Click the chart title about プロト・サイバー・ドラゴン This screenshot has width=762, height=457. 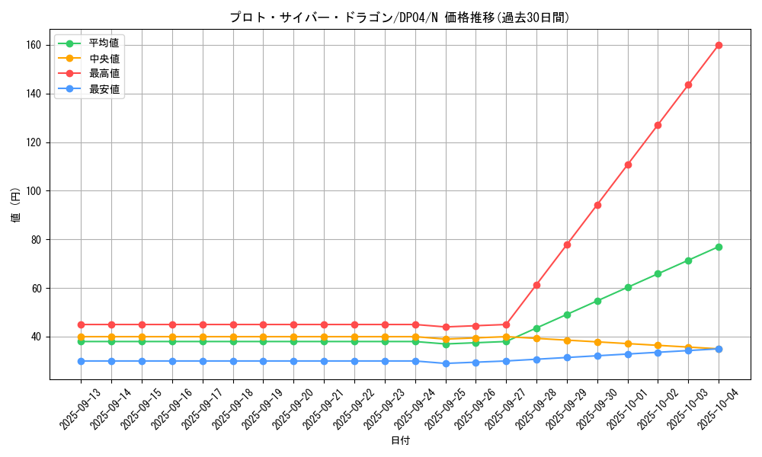(399, 18)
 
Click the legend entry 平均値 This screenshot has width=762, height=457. (104, 43)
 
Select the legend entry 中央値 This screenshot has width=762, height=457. (104, 59)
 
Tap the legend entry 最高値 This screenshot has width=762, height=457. (104, 74)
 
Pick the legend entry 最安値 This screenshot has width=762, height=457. (104, 89)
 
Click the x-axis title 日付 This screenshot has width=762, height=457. (400, 441)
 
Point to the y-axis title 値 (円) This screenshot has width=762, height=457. (16, 206)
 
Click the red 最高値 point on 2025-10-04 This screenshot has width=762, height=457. (719, 45)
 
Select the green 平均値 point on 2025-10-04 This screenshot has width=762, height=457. (719, 247)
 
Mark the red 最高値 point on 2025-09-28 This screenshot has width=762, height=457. (536, 285)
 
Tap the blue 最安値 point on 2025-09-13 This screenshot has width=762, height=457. (81, 361)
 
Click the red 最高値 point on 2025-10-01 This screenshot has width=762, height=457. (628, 165)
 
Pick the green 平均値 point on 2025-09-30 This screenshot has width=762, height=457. (597, 301)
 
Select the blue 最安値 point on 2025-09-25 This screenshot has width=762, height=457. (446, 363)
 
